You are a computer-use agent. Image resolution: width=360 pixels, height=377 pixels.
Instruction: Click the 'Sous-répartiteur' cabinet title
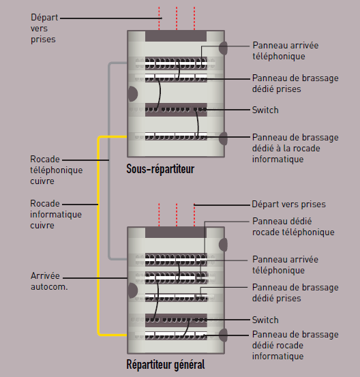[x=160, y=168]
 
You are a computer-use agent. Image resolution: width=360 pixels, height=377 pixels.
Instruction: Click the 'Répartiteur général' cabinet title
[x=166, y=365]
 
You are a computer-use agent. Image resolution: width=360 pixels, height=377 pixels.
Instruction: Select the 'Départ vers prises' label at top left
[x=43, y=28]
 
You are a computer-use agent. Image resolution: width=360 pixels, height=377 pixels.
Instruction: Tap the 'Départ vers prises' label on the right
[x=288, y=204]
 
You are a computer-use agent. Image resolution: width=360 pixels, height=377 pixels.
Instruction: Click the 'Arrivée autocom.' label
[x=48, y=281]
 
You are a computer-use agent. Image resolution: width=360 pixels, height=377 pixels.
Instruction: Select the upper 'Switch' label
[x=265, y=110]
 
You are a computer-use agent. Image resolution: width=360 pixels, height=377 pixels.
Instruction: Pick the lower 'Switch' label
[x=265, y=320]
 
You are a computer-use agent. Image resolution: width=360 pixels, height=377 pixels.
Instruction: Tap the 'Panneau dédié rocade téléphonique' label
[x=293, y=226]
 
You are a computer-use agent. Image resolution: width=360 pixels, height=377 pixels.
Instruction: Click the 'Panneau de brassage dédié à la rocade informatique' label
[x=295, y=147]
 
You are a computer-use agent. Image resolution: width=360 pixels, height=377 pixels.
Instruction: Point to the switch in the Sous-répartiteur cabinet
[x=176, y=109]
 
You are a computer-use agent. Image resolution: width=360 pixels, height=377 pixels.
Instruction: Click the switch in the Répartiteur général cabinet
[x=176, y=319]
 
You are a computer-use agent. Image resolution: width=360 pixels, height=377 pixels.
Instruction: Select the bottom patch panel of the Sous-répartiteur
[x=176, y=135]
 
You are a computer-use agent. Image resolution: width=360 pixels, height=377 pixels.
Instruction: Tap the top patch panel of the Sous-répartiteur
[x=176, y=63]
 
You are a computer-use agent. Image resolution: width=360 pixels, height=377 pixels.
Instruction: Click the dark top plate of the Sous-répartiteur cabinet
[x=176, y=35]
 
